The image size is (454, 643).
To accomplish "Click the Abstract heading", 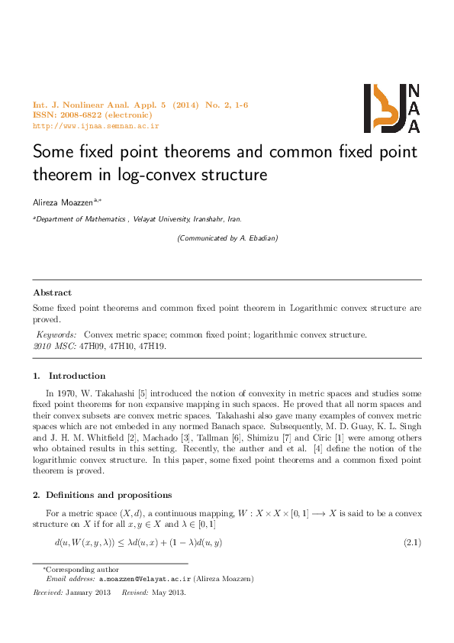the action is [53, 292].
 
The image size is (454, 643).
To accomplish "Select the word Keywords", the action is [57, 334].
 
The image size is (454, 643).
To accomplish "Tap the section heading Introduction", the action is [77, 376].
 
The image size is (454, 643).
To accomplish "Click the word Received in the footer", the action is [48, 592].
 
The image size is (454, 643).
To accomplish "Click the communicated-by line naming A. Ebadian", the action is [227, 238].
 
